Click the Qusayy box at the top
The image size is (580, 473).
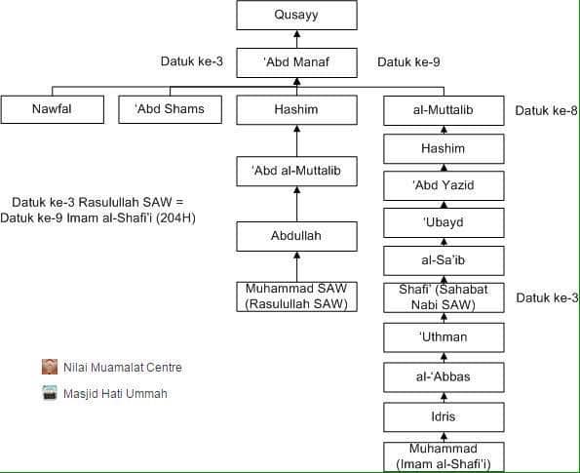(x=296, y=16)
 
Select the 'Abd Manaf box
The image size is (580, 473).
(x=296, y=62)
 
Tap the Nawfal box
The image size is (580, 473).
(x=53, y=109)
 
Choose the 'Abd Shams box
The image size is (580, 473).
(x=171, y=109)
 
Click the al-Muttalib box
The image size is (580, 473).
(x=444, y=110)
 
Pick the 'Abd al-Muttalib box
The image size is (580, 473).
(x=296, y=171)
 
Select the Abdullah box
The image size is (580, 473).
(x=296, y=236)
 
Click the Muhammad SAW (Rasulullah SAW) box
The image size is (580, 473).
(x=296, y=296)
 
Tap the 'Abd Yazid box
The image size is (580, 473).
(x=444, y=185)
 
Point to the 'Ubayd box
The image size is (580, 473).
(x=444, y=222)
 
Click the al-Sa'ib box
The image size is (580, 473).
(x=444, y=261)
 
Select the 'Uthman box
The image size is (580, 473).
(x=444, y=337)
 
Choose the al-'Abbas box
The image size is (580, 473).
(x=444, y=377)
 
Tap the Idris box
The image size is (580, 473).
(x=444, y=417)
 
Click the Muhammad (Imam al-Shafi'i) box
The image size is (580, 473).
(x=444, y=456)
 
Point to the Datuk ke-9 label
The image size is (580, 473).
(x=408, y=61)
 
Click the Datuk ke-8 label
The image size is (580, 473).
(x=546, y=110)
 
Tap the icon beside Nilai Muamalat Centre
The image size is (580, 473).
(x=50, y=367)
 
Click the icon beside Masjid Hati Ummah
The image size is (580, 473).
(x=50, y=393)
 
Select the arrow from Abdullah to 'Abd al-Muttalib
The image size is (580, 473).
(x=296, y=204)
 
